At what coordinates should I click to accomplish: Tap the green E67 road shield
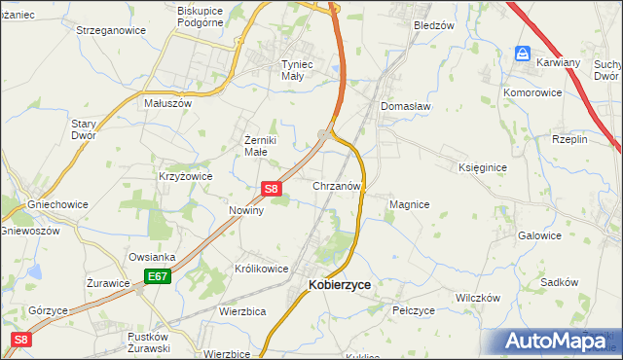pyautogui.click(x=159, y=277)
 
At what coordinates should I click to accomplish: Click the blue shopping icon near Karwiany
pyautogui.click(x=523, y=54)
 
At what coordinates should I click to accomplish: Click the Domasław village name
pyautogui.click(x=406, y=106)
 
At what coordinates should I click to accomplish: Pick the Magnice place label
pyautogui.click(x=409, y=204)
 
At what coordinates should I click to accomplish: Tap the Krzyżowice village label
pyautogui.click(x=185, y=176)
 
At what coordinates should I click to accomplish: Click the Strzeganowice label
pyautogui.click(x=111, y=30)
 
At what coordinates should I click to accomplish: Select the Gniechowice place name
pyautogui.click(x=57, y=205)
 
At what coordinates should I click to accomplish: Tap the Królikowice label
pyautogui.click(x=261, y=269)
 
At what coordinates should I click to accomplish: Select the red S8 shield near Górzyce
pyautogui.click(x=21, y=340)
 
